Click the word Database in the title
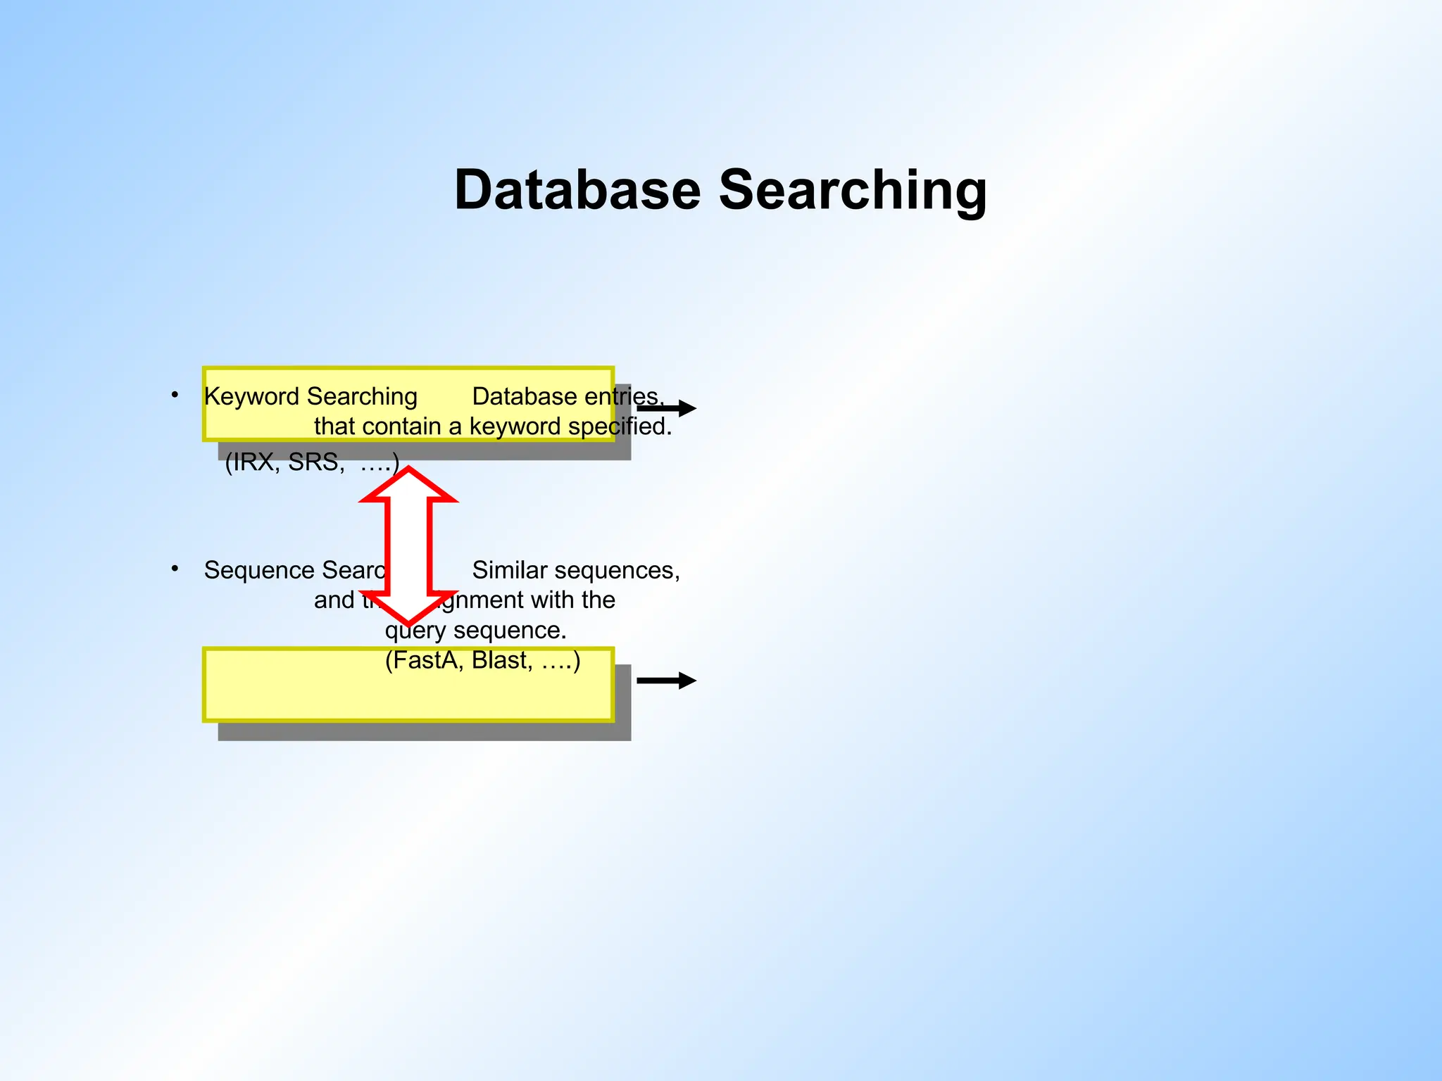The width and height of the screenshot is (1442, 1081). click(577, 190)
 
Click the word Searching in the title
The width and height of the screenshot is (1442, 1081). click(853, 191)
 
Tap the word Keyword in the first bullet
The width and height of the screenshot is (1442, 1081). click(251, 397)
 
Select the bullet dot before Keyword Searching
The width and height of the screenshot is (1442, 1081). click(175, 395)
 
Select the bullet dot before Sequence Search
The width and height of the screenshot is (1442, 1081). click(175, 568)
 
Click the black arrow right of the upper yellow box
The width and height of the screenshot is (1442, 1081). click(666, 408)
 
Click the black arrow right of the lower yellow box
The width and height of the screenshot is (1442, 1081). click(666, 681)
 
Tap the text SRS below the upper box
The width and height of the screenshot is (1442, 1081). click(315, 462)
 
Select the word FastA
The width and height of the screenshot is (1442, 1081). click(424, 660)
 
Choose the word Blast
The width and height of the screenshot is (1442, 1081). click(502, 660)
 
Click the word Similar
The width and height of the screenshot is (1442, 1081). click(509, 570)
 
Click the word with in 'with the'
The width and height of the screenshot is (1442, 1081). click(553, 600)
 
